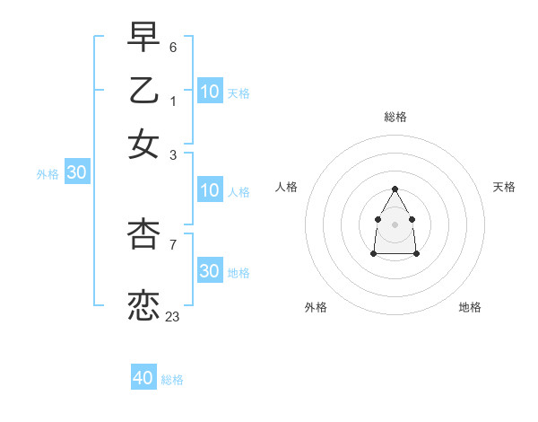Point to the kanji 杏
coord(143,233)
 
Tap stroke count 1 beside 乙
coord(173,101)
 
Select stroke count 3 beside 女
coord(173,154)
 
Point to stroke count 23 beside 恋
coord(173,316)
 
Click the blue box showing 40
coord(143,378)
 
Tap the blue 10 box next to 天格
coord(209,92)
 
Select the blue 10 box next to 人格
coord(209,190)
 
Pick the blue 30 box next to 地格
coord(209,271)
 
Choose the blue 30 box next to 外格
coord(76,173)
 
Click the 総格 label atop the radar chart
coord(395,117)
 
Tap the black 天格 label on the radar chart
coord(504,187)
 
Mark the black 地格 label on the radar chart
coord(470,307)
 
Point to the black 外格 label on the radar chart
coord(316,307)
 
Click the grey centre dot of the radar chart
coord(395,224)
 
